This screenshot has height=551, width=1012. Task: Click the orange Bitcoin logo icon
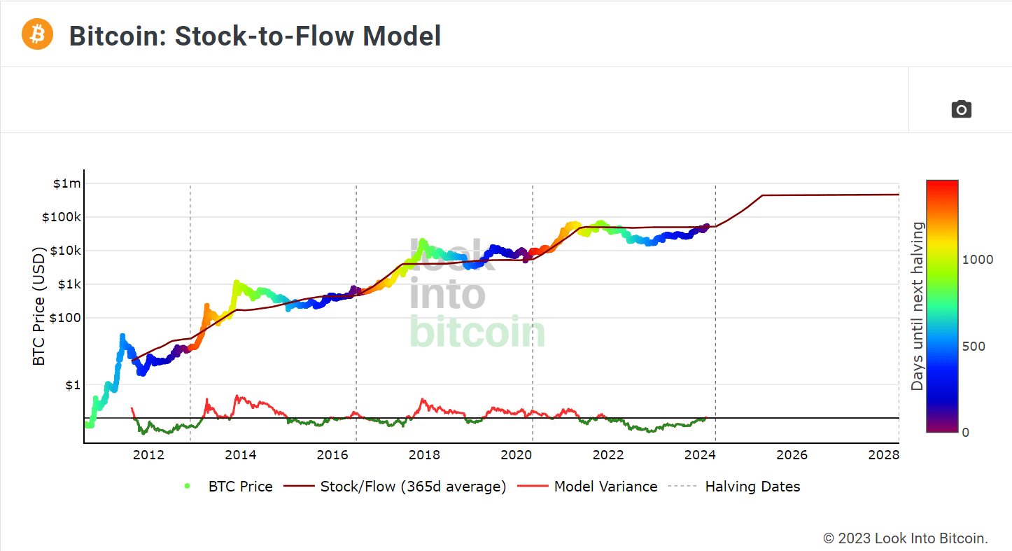37,34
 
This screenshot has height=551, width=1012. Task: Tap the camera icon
961,109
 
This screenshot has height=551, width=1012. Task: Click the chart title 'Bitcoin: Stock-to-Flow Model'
255,36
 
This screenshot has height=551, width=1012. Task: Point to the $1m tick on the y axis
67,183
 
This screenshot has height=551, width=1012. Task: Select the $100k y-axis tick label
62,217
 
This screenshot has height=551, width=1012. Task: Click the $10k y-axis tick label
65,251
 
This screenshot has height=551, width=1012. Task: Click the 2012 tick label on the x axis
149,455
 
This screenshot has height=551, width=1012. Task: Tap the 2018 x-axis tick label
424,455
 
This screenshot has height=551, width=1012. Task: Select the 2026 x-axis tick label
792,455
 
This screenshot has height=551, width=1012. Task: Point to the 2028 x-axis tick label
883,455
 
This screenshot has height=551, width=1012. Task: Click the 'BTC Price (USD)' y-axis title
39,305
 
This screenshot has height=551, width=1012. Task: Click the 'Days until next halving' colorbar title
917,306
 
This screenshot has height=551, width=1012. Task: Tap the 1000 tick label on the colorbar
978,259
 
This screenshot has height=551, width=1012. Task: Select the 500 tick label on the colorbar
974,346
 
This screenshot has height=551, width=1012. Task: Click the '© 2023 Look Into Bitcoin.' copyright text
905,538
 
